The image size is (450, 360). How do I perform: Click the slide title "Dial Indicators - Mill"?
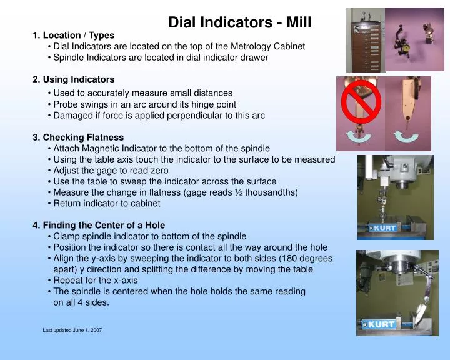click(239, 23)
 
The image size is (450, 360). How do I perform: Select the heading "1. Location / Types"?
click(73, 36)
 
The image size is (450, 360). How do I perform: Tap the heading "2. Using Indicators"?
click(73, 79)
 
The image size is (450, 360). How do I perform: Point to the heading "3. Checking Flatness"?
click(78, 137)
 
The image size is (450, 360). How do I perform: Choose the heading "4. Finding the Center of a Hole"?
click(99, 225)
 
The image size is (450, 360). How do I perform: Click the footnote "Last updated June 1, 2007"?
click(72, 330)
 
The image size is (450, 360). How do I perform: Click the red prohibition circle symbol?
click(359, 102)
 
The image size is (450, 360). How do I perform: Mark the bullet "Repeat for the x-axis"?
click(96, 280)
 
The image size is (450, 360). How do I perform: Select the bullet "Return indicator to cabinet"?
click(107, 203)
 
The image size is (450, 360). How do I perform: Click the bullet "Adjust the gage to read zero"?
click(111, 170)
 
